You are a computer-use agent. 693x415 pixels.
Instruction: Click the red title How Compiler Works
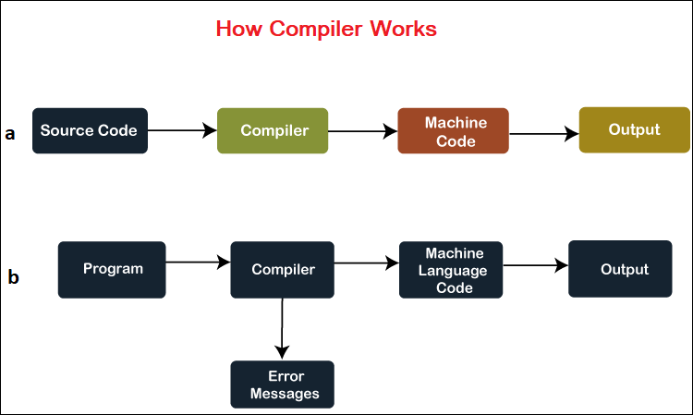tap(326, 29)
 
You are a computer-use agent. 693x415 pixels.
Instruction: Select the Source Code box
tap(90, 131)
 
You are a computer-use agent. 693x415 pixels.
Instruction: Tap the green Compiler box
tap(273, 131)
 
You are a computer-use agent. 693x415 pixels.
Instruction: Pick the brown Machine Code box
tap(453, 131)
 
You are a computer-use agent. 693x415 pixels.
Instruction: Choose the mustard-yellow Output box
tap(634, 130)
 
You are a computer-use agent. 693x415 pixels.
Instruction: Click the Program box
tap(112, 270)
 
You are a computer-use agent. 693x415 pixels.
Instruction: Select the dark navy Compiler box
tap(283, 270)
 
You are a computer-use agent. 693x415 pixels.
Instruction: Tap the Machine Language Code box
tap(451, 270)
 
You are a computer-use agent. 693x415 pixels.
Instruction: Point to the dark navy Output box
tap(620, 269)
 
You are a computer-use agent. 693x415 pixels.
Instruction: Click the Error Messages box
tap(283, 384)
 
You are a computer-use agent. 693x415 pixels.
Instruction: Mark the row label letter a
tap(10, 133)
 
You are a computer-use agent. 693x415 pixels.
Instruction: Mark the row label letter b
tap(13, 276)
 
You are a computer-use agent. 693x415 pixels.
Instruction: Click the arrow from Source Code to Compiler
tap(182, 130)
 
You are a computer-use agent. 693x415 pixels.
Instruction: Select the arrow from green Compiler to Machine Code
tap(363, 131)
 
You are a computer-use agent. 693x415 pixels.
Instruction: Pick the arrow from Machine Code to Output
tap(544, 133)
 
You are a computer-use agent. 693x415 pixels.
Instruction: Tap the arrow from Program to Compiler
tap(198, 262)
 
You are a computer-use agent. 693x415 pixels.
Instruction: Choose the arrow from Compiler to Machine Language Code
tap(367, 263)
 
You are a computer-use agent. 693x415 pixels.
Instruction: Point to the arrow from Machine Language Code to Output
tap(536, 265)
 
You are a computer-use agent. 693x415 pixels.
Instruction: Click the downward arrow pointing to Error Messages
tap(282, 329)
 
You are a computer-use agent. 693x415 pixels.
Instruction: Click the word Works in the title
tap(404, 29)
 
